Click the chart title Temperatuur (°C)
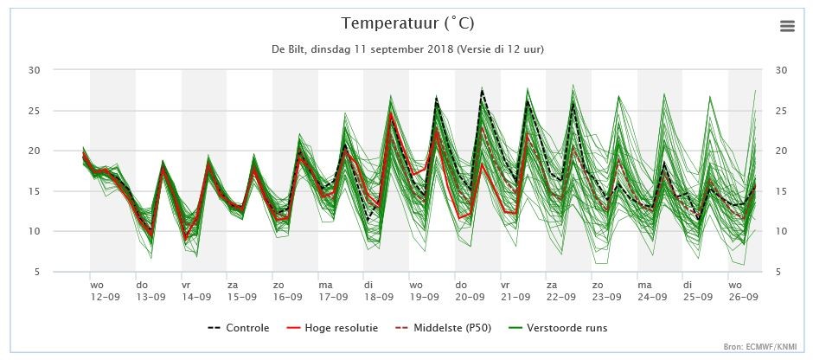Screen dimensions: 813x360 pyautogui.click(x=407, y=24)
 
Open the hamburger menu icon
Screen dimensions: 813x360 pyautogui.click(x=787, y=26)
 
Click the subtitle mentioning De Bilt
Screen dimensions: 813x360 pyautogui.click(x=407, y=50)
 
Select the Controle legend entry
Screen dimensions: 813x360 pyautogui.click(x=239, y=328)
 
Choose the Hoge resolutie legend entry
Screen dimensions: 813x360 pyautogui.click(x=332, y=328)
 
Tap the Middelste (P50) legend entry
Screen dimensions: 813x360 pyautogui.click(x=444, y=328)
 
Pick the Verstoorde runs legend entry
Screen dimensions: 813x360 pyautogui.click(x=557, y=328)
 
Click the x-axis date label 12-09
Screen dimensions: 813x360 pyautogui.click(x=105, y=297)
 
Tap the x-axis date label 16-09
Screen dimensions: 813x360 pyautogui.click(x=288, y=297)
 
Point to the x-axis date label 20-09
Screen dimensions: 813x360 pyautogui.click(x=471, y=297)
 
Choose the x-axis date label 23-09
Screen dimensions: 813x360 pyautogui.click(x=607, y=297)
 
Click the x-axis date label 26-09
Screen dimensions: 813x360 pyautogui.click(x=743, y=297)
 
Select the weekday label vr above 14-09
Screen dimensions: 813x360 pyautogui.click(x=186, y=286)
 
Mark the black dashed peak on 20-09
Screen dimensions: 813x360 pyautogui.click(x=483, y=90)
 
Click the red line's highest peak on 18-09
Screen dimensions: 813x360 pyautogui.click(x=391, y=112)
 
